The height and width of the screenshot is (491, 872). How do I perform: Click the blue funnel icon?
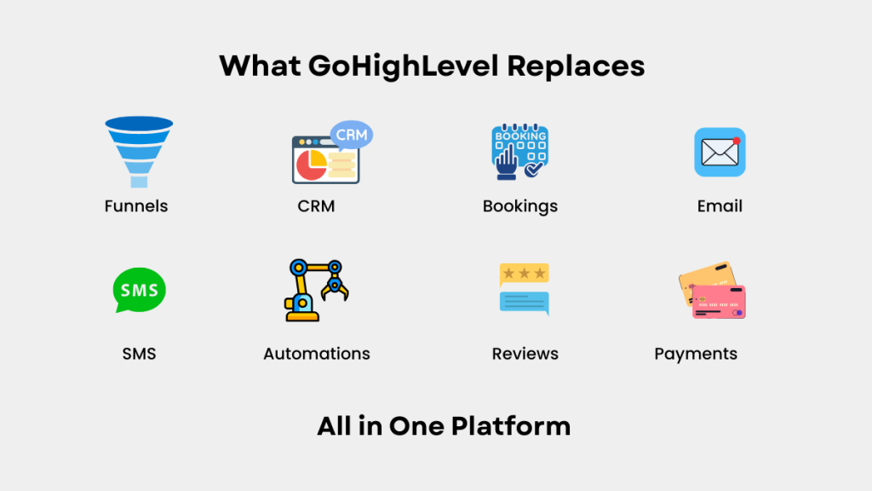click(x=139, y=152)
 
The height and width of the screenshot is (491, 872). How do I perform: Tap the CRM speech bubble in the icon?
click(x=352, y=135)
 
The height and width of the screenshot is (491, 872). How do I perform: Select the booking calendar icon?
click(x=520, y=152)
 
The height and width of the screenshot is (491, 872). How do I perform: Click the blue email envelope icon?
click(x=720, y=152)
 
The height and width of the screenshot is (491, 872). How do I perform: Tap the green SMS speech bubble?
click(x=139, y=290)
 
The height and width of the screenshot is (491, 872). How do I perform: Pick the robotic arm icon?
click(x=317, y=290)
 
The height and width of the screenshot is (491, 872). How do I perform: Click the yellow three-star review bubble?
click(x=525, y=274)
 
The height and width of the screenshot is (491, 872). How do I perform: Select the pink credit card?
click(x=719, y=302)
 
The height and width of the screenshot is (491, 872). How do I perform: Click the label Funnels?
click(x=136, y=206)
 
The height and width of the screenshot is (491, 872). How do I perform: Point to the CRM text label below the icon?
click(x=316, y=206)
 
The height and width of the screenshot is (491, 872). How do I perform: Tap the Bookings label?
click(x=520, y=207)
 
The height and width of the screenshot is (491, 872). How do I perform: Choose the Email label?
click(x=720, y=206)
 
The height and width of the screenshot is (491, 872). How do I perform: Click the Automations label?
click(x=317, y=354)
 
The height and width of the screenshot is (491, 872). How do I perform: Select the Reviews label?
click(x=525, y=354)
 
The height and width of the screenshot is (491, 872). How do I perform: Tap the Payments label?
click(x=696, y=355)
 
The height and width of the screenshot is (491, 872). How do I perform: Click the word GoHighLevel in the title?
click(x=403, y=66)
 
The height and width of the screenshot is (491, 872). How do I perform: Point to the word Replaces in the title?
click(x=576, y=66)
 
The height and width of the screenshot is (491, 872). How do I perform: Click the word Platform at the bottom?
click(x=511, y=426)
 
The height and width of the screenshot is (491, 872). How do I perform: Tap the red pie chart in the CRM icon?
click(x=309, y=166)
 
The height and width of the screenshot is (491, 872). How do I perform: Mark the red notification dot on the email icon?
click(x=737, y=141)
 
